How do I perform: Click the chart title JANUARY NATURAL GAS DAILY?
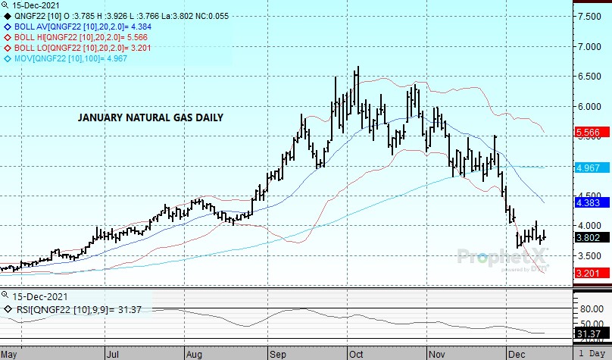(151, 117)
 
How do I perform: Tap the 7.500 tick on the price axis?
(590, 16)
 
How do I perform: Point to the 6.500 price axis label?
(590, 77)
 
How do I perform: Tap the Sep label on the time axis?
(274, 353)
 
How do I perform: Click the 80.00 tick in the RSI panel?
(590, 308)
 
